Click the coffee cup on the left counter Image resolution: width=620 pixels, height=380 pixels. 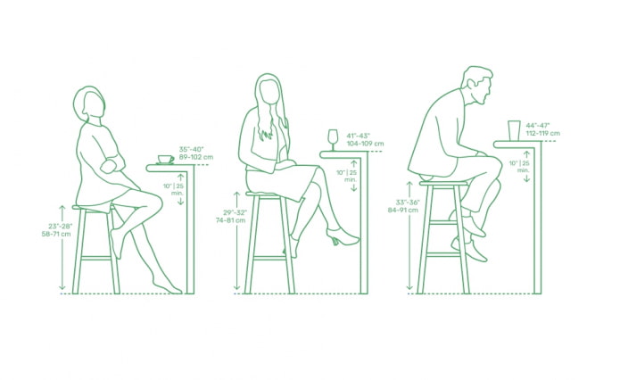pos(166,160)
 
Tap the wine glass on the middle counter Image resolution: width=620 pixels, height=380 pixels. pos(333,140)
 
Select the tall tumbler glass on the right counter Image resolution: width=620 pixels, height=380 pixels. pos(514,130)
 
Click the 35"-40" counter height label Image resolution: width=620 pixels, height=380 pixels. pos(192,150)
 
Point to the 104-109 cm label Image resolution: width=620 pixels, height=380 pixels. pos(365,144)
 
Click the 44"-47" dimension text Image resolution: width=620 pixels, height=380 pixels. pos(538,126)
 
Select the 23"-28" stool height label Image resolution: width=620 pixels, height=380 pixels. pos(61,227)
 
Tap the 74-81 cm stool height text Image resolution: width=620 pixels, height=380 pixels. pos(230,220)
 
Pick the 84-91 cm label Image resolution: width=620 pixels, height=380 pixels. pos(403,210)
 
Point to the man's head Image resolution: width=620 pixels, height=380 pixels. pos(477,86)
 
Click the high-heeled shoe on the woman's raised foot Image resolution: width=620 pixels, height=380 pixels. pos(342,237)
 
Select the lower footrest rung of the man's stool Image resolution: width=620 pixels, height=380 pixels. pos(443,254)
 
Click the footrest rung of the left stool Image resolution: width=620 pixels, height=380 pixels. pos(95,258)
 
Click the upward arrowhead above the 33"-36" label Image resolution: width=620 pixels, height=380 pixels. pos(409,185)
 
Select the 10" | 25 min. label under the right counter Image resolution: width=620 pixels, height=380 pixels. pos(519,167)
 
